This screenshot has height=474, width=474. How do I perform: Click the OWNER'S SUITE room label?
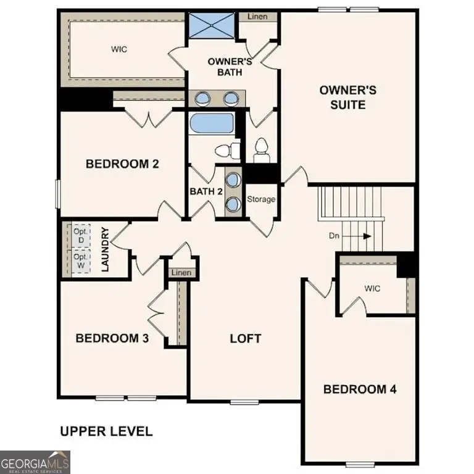coord(347,98)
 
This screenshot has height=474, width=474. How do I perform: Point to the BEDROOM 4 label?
coord(360,389)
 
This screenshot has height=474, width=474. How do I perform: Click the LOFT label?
coord(245,338)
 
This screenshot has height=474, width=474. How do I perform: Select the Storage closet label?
coord(261,199)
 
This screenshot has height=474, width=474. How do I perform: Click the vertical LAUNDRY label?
coord(106,250)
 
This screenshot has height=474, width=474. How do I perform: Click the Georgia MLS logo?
coord(35,462)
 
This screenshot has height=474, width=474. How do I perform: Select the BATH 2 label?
coord(206,191)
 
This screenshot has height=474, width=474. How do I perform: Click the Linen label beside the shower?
coord(257,16)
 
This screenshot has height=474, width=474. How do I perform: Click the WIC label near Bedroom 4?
coord(373,288)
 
